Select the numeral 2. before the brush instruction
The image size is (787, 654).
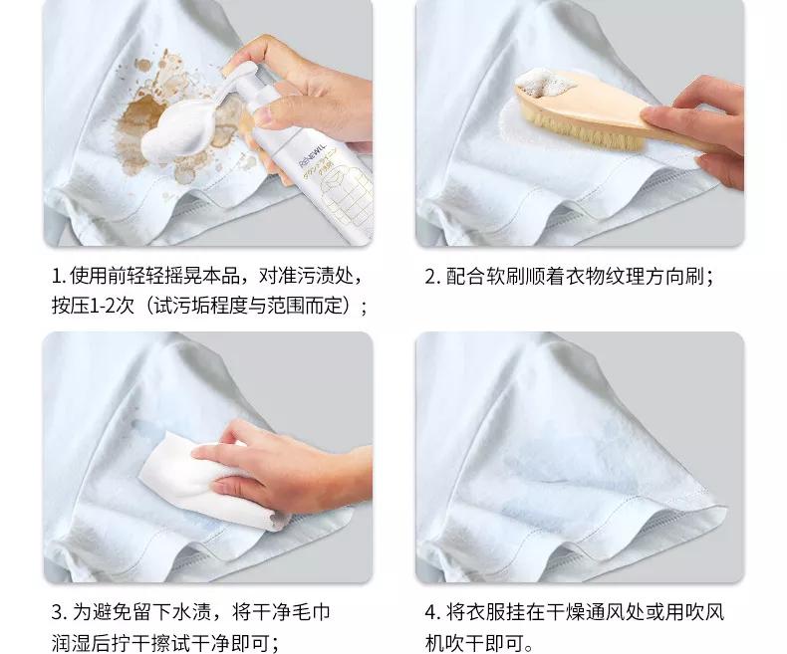click(x=431, y=276)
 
